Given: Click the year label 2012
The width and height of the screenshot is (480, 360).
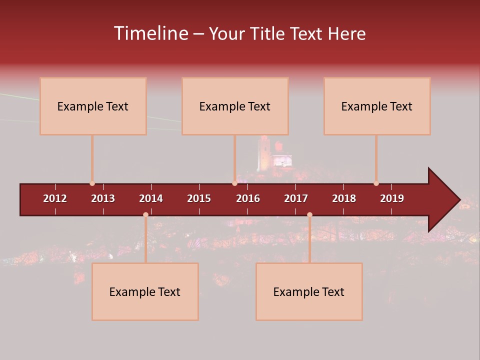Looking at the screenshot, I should [x=55, y=198].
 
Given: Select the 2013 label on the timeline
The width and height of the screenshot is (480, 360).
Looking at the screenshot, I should [x=103, y=198].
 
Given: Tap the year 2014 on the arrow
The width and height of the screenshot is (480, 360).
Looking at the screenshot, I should [x=151, y=198].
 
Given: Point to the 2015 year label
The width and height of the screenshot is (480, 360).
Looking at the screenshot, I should [x=199, y=198].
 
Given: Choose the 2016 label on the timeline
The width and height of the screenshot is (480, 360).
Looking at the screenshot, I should [x=248, y=198].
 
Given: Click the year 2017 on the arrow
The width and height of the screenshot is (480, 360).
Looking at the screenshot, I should [x=296, y=198].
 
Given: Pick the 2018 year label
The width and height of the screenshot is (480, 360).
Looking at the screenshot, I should [x=344, y=198].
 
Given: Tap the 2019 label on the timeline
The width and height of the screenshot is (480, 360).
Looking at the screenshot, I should [x=392, y=198].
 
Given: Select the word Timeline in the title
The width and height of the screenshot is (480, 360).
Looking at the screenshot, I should [x=150, y=33].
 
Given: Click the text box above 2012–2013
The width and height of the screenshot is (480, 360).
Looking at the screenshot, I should [x=93, y=106].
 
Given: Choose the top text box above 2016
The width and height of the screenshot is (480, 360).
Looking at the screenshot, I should [x=235, y=106].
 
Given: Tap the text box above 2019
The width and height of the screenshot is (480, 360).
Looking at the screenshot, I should [x=377, y=106].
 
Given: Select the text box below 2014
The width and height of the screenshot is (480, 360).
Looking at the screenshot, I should [x=145, y=291].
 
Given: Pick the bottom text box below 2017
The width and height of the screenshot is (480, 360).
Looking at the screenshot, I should [x=309, y=291].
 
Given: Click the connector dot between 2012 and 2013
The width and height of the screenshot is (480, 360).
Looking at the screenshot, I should [x=92, y=183].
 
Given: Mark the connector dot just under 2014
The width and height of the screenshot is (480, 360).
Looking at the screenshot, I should [x=145, y=214].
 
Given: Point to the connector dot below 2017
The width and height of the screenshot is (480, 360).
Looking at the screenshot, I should [x=309, y=214].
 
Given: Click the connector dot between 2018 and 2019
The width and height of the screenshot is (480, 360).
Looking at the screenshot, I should [x=376, y=183].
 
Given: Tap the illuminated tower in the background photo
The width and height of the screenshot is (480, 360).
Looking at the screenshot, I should [x=263, y=154].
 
